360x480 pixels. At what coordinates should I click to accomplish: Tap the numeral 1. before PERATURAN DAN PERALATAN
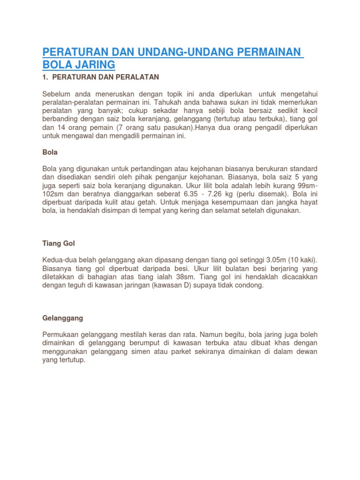pyautogui.click(x=45, y=77)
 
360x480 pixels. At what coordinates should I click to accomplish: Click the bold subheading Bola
pyautogui.click(x=50, y=153)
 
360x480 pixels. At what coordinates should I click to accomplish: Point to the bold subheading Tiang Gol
pyautogui.click(x=59, y=244)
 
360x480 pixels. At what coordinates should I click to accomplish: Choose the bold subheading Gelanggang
pyautogui.click(x=62, y=318)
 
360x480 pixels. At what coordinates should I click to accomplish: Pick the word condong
pyautogui.click(x=248, y=285)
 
